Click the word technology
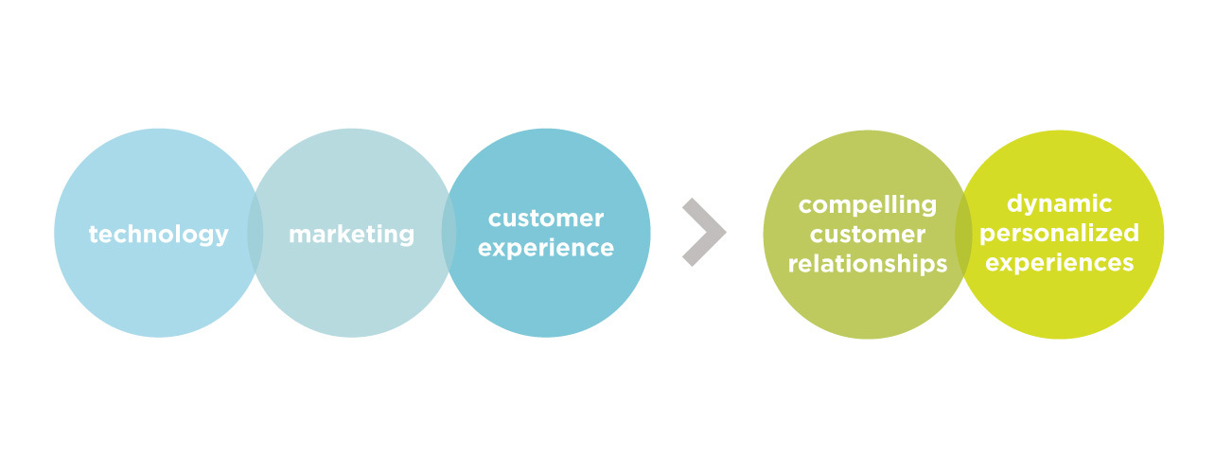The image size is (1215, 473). click(x=158, y=235)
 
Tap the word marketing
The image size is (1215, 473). click(x=351, y=235)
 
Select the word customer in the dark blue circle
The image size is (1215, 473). click(x=546, y=219)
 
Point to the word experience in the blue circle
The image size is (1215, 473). click(x=546, y=249)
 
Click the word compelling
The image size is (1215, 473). click(x=868, y=205)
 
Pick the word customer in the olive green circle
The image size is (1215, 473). click(x=868, y=235)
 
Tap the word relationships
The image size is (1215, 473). click(x=868, y=264)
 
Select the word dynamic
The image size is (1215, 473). click(x=1059, y=204)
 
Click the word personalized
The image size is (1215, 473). click(x=1059, y=234)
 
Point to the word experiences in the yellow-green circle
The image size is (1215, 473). click(x=1059, y=263)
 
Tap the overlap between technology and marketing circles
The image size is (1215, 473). click(x=255, y=234)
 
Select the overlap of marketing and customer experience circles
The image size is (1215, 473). click(x=449, y=234)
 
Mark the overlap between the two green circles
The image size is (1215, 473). click(x=963, y=235)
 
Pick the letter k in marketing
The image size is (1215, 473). click(x=346, y=233)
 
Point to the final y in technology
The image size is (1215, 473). click(x=220, y=238)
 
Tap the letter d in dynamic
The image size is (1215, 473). click(x=1015, y=204)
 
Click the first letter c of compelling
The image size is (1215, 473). click(x=806, y=206)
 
